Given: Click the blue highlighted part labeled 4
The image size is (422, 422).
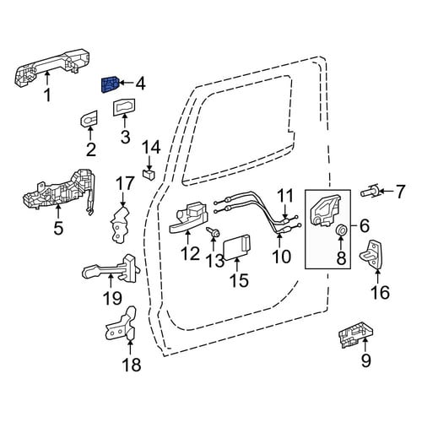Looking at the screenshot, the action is point(110,84).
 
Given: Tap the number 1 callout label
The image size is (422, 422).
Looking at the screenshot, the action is point(48,95).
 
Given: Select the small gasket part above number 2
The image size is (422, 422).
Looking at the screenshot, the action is point(89,118).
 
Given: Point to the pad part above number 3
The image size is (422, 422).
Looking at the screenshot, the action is point(124,107).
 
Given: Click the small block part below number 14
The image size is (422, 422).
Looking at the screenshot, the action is point(149,174).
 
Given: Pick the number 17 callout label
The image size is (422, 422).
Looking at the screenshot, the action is point(125,183).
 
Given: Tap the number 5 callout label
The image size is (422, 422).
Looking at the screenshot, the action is point(58,228).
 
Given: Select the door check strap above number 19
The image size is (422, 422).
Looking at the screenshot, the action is point(111,268).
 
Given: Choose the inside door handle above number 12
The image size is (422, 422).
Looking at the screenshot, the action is point(188,219).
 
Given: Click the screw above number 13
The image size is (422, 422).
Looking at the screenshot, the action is point(214,231).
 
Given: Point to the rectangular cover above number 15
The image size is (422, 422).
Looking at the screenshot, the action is point(237,246).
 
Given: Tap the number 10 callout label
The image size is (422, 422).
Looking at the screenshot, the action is point(282,256).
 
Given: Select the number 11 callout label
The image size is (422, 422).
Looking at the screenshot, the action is point(285,196).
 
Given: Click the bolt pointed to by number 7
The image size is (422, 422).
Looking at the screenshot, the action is point(369,192).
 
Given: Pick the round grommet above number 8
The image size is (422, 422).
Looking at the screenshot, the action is point(341,230).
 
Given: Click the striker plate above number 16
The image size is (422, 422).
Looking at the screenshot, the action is point(371,254).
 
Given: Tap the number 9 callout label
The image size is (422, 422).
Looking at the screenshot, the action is point(365,360).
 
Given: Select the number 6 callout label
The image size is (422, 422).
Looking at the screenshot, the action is point(365,225).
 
